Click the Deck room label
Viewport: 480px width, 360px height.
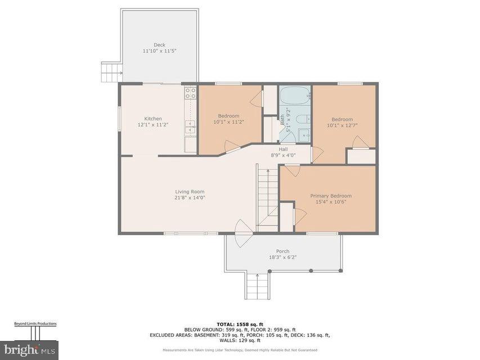point(160,45)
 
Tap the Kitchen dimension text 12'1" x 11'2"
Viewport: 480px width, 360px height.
point(153,125)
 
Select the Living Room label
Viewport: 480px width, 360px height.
point(190,192)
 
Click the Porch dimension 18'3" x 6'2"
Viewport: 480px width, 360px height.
point(282,257)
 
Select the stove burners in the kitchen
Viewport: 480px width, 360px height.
point(191,93)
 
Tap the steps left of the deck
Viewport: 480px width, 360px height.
point(111,73)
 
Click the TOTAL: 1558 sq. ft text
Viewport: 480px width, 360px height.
point(240,324)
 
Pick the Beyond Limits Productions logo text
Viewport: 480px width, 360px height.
point(35,324)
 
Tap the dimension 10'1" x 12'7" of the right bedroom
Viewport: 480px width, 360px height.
point(342,125)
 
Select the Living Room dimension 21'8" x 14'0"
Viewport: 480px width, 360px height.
point(190,197)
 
